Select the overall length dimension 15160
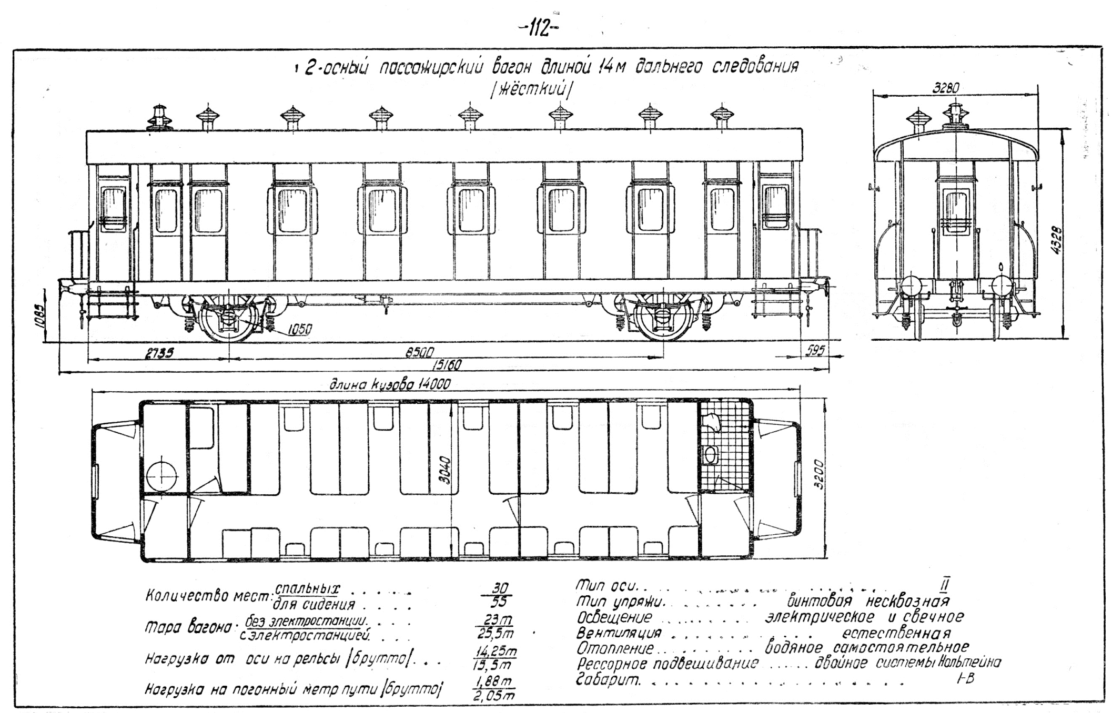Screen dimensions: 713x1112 444,364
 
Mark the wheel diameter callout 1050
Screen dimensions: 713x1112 300,329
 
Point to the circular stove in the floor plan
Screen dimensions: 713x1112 162,476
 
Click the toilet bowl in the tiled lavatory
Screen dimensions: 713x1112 711,454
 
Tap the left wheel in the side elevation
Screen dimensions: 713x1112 229,318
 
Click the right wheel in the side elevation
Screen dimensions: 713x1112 662,318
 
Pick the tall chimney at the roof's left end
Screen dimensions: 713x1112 158,117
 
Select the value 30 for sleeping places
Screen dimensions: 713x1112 494,588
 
